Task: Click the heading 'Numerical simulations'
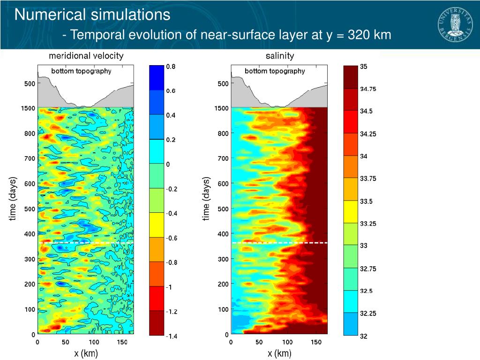[92, 15]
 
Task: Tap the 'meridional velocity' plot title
[86, 56]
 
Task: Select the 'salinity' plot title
[280, 56]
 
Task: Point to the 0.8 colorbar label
[171, 67]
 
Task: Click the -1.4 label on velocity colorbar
[171, 336]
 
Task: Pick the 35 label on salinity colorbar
[364, 67]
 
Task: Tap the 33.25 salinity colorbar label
[368, 224]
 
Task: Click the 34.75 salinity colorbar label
[368, 89]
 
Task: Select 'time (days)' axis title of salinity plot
[206, 198]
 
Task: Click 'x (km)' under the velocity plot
[86, 353]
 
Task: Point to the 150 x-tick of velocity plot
[122, 342]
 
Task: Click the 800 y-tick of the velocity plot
[30, 134]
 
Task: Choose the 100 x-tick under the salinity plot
[288, 342]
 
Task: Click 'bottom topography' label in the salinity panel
[275, 71]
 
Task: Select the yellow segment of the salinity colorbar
[351, 211]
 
